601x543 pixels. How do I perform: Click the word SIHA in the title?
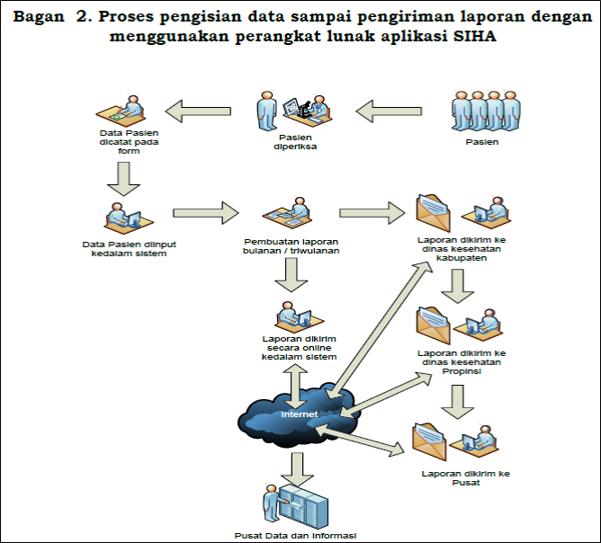[x=474, y=36]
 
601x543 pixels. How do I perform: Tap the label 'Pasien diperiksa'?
[x=295, y=142]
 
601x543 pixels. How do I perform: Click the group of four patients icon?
[x=486, y=111]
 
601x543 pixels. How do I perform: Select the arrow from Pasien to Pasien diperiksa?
[x=389, y=111]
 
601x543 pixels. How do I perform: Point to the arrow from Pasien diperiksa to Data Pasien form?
[x=198, y=111]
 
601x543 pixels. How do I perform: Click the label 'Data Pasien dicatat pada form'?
[x=129, y=142]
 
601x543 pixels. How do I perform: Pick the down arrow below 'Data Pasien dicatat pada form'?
[x=123, y=179]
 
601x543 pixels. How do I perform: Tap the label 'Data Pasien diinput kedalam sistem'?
[x=130, y=249]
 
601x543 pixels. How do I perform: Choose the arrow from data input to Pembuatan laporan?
[x=206, y=213]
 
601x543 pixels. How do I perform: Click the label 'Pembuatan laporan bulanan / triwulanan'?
[x=291, y=246]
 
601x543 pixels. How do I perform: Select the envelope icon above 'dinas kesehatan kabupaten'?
[x=433, y=213]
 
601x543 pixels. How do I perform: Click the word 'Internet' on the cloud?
[x=300, y=414]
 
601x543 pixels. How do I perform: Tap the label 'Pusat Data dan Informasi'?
[x=295, y=535]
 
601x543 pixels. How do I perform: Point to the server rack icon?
[x=303, y=507]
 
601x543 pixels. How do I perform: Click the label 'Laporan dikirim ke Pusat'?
[x=466, y=478]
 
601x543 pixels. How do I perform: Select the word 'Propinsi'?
[x=462, y=371]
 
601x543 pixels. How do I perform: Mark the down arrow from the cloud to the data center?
[x=297, y=469]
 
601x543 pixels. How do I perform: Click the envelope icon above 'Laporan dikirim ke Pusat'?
[x=429, y=442]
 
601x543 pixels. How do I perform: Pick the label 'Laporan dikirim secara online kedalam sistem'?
[x=299, y=348]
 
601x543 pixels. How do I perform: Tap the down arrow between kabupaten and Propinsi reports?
[x=458, y=286]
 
